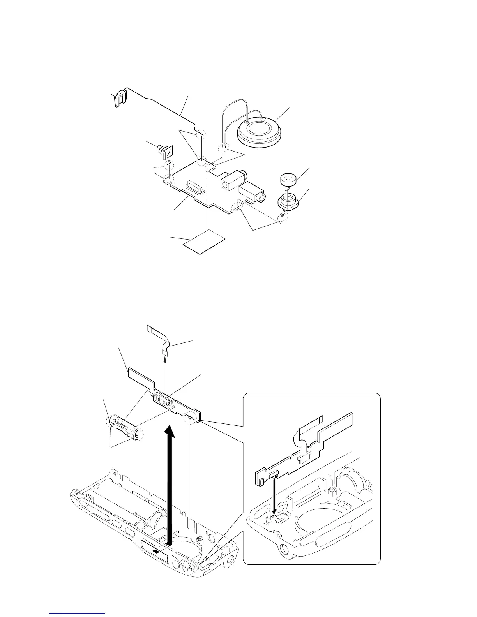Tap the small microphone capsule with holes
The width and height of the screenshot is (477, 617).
(x=288, y=180)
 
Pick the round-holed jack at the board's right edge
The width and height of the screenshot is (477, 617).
(x=253, y=193)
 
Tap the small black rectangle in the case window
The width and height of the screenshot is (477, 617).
(x=156, y=552)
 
